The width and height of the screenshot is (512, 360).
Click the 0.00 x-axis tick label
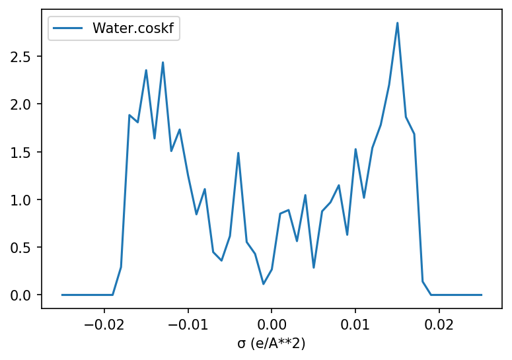click(x=272, y=324)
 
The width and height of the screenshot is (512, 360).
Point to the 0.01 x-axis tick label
click(x=355, y=324)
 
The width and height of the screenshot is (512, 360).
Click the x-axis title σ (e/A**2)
click(x=272, y=343)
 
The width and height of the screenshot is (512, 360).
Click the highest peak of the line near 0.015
click(x=397, y=23)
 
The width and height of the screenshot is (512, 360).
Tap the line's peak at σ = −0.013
click(x=163, y=63)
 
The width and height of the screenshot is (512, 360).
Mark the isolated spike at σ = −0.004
click(x=238, y=153)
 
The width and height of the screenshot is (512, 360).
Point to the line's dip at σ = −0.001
click(x=264, y=284)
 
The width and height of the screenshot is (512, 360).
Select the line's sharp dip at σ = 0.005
click(x=314, y=268)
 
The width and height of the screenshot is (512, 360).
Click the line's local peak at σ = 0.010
click(x=355, y=149)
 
